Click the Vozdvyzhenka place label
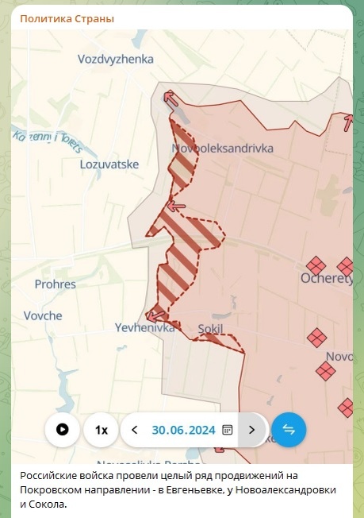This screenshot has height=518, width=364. (x=116, y=59)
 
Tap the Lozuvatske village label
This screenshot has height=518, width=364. (x=109, y=164)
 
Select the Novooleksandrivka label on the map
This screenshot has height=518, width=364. (x=222, y=148)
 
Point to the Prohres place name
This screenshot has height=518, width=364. (x=56, y=284)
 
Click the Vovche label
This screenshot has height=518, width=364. (x=44, y=315)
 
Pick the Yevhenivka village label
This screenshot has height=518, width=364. (x=144, y=327)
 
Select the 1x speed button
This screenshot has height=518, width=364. (x=102, y=430)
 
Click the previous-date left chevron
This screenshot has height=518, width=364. (x=135, y=430)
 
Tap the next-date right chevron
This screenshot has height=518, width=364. (x=251, y=430)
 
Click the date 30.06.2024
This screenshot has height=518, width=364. (x=184, y=430)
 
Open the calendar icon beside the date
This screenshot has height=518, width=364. (x=228, y=430)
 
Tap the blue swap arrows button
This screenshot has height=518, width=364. (x=289, y=430)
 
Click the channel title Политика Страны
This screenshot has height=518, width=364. (x=67, y=18)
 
